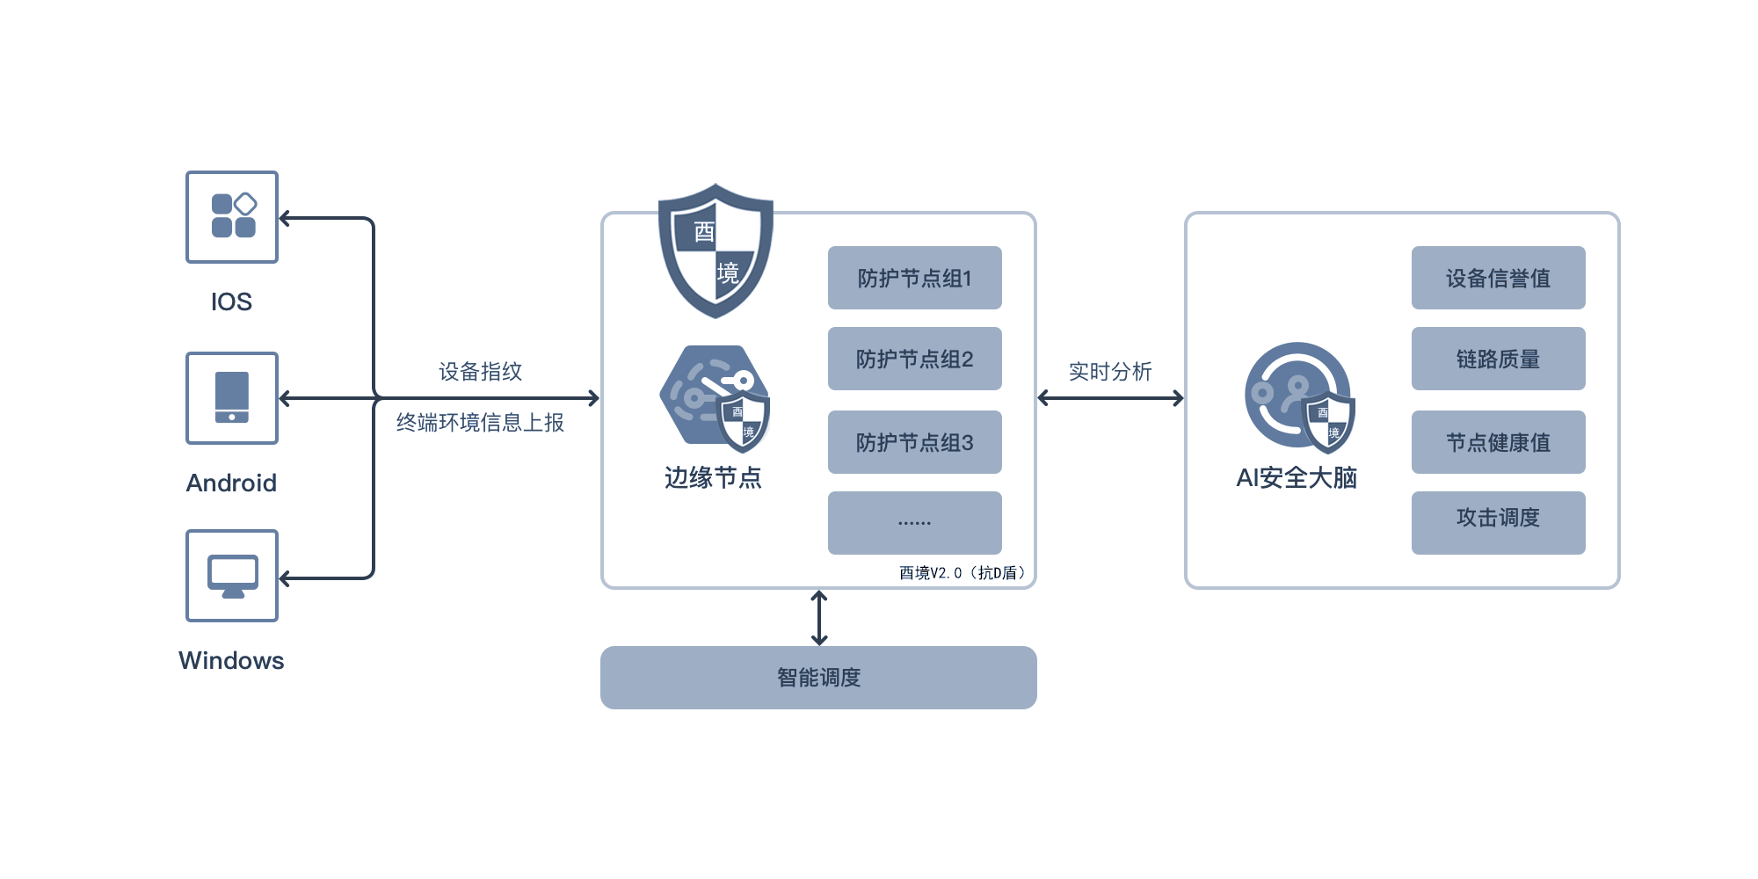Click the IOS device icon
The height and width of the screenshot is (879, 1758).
point(232,217)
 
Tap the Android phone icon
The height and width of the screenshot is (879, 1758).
point(232,398)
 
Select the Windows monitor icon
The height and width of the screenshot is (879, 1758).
point(232,576)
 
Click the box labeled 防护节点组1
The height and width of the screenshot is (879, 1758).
point(915,278)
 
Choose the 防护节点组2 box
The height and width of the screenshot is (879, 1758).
point(915,359)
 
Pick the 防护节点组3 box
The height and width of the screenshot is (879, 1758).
point(915,442)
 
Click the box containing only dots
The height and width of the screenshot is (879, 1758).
point(915,523)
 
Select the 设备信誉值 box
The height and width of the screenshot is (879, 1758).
point(1499,278)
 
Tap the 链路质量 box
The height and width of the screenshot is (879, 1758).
point(1499,359)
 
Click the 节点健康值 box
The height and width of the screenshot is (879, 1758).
point(1499,442)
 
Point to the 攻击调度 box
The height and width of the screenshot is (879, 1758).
point(1499,523)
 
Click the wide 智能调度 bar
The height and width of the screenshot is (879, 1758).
point(818,678)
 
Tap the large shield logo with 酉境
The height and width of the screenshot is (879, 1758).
point(716,251)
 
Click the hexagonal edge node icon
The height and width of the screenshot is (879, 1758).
point(715,398)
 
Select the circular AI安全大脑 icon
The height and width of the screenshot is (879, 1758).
point(1299,397)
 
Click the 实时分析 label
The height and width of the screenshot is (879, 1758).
point(1110,372)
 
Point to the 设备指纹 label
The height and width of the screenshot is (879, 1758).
point(481,372)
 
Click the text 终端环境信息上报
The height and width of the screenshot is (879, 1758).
point(480,423)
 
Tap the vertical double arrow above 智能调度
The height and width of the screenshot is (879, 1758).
point(819,618)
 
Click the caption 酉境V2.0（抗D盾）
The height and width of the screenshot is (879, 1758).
point(963,573)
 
